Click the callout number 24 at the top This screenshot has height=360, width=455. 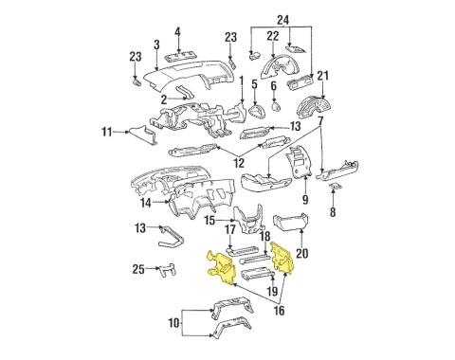click(283, 20)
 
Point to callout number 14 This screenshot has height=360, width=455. click(145, 203)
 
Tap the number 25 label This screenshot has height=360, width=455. click(137, 270)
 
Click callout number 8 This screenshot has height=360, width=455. click(333, 214)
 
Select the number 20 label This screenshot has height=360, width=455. click(302, 253)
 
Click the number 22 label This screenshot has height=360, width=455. click(272, 36)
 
